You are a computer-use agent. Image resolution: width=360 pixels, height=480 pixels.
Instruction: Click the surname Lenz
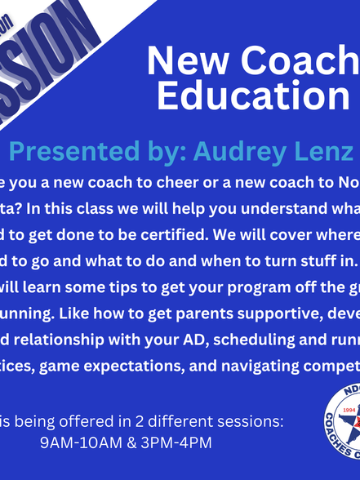(x=327, y=152)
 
